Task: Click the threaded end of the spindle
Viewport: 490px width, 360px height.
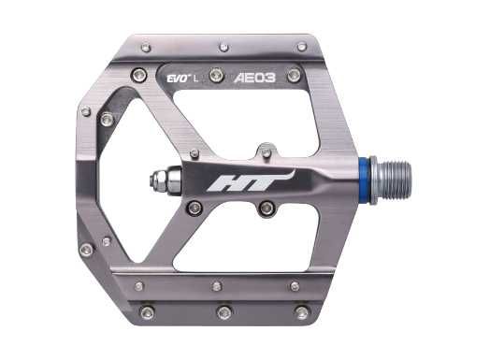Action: [x=393, y=180]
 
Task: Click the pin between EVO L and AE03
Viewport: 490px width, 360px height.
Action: [x=216, y=75]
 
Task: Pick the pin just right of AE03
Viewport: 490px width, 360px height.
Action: [x=294, y=75]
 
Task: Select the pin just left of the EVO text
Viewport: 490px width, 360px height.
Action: [x=140, y=75]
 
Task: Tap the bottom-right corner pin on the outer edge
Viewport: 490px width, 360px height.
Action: [x=301, y=312]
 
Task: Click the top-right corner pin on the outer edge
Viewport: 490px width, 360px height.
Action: [x=301, y=46]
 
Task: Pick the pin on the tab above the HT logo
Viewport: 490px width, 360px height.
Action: [x=267, y=151]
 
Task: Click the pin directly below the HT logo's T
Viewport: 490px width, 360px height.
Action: [x=267, y=208]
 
